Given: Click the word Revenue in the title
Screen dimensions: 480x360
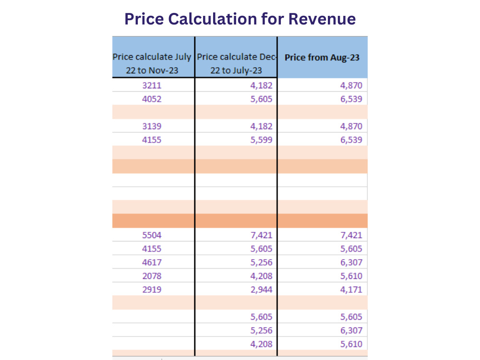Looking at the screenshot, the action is tap(322, 19).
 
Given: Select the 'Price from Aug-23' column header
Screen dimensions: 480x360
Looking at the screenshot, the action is tap(322, 58).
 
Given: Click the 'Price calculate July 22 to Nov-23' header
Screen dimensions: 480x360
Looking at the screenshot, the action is tap(152, 63).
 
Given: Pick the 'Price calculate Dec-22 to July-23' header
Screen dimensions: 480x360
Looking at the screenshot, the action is tap(236, 63).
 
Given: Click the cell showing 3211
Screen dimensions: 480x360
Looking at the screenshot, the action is tap(152, 85).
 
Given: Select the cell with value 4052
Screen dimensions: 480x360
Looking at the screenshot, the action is tap(152, 99).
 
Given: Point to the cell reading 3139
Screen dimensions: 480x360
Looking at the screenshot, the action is tap(152, 126).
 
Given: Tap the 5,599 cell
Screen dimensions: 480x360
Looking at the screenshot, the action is tap(262, 140).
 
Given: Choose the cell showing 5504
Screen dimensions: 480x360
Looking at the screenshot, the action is tap(152, 235).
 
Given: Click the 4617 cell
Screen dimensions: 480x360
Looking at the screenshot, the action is tap(152, 263).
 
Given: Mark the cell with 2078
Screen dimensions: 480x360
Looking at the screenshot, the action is tap(152, 276).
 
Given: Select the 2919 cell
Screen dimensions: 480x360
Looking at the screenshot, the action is tap(152, 289).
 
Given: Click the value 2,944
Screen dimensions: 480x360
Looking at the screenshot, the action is tap(262, 289).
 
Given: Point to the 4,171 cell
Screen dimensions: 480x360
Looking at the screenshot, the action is tap(351, 289).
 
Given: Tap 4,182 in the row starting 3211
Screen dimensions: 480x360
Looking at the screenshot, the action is tap(262, 85).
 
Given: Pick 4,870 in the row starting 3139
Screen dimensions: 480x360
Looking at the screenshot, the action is tap(351, 126).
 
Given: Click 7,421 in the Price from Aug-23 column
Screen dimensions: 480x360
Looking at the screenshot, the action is tap(351, 235).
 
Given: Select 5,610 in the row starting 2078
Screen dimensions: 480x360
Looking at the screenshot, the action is tap(351, 276).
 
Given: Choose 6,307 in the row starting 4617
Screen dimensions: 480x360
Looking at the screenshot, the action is tap(351, 263).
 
